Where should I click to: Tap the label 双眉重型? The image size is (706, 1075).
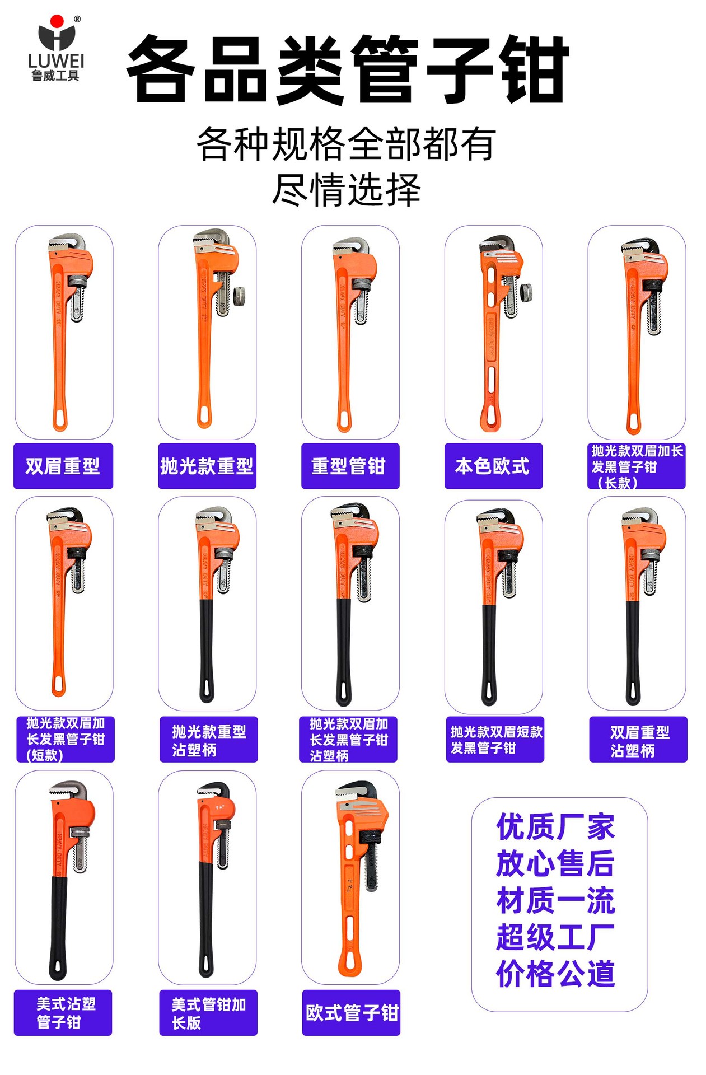(63, 466)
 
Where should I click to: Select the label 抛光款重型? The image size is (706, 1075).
(207, 466)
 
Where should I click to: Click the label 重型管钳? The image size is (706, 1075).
(350, 466)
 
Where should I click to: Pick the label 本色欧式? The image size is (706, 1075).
(493, 466)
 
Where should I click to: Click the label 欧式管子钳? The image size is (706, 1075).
(351, 1012)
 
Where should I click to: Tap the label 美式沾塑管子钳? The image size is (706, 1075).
(63, 1012)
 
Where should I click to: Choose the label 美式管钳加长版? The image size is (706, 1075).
(208, 1012)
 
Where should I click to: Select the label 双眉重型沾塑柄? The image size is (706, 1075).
(638, 740)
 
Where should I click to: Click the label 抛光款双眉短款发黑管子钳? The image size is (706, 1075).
(495, 740)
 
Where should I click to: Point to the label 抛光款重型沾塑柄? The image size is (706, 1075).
(208, 740)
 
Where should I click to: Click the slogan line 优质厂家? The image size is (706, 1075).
(555, 827)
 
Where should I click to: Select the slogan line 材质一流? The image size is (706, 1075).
(555, 900)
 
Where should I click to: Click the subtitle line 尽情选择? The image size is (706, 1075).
(347, 190)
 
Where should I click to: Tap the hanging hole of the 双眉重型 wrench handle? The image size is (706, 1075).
(60, 419)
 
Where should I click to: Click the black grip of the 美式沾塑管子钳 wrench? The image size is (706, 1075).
(58, 924)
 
